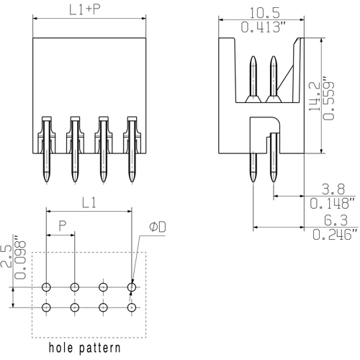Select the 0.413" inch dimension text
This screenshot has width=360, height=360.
(x=261, y=28)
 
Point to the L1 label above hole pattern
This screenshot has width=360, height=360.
(x=89, y=204)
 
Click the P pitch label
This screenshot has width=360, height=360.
(x=62, y=226)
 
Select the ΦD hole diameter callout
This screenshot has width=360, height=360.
(x=158, y=227)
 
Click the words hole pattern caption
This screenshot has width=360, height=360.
(x=84, y=348)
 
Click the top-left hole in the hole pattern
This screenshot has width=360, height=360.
(x=46, y=287)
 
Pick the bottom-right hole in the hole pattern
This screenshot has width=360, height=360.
(x=132, y=308)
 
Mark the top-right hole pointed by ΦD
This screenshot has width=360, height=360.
(x=132, y=287)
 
